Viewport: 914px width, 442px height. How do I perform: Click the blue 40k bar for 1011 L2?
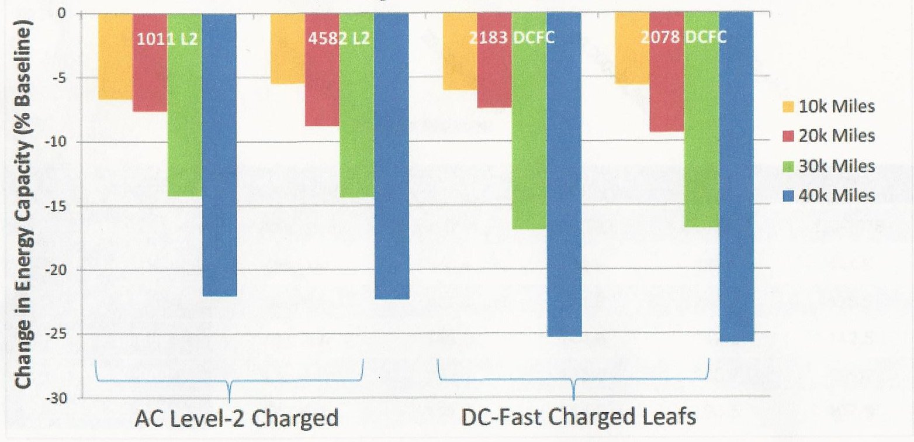(219, 154)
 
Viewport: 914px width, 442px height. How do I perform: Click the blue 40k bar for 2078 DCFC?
(736, 175)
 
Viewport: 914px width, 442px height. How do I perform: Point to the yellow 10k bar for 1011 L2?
(115, 56)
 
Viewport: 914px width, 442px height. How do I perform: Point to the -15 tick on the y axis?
(61, 206)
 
